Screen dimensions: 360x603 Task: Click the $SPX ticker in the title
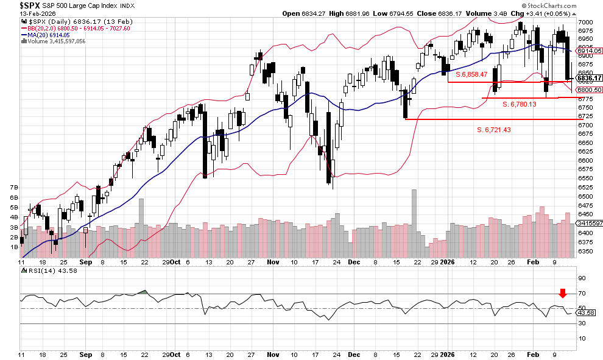13,5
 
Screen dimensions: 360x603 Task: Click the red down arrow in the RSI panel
563,294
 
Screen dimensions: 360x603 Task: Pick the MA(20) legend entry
45,35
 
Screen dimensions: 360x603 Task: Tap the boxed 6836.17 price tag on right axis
589,77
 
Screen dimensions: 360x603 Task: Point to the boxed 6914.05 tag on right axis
589,51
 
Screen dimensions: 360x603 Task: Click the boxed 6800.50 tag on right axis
589,90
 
